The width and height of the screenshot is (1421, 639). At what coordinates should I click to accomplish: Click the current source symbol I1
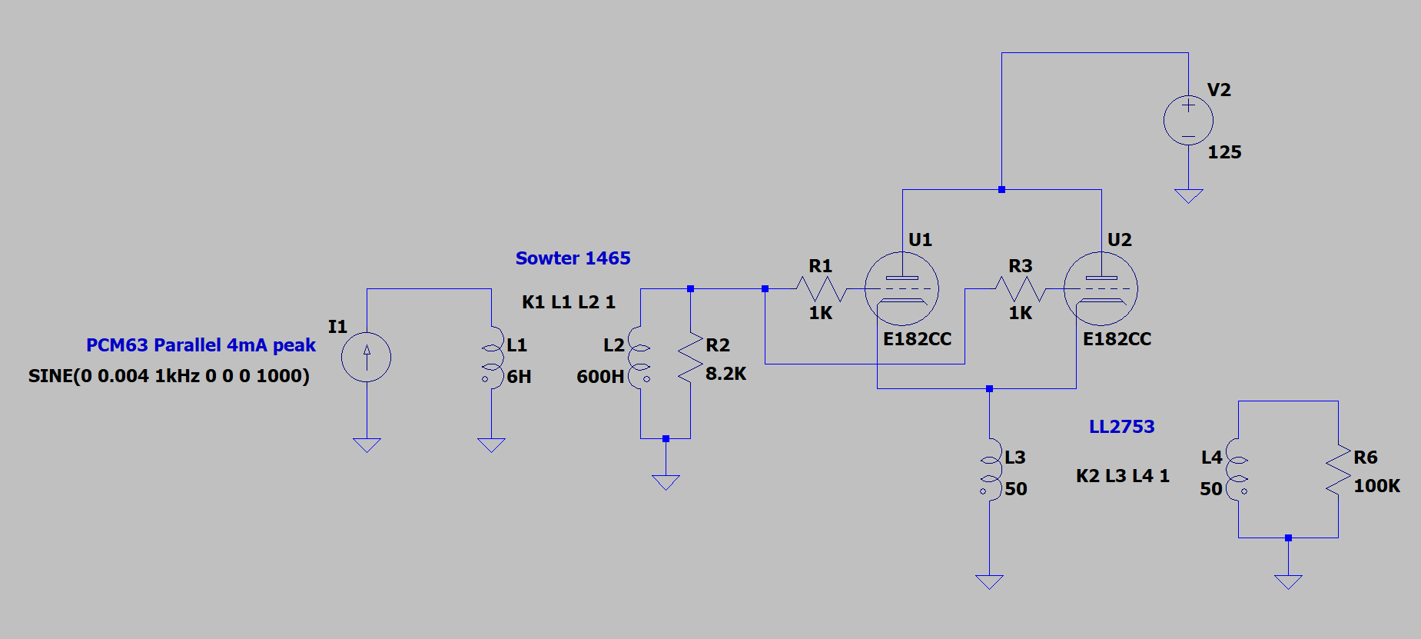(x=367, y=357)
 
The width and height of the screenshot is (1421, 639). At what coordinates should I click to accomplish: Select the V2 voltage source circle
(x=1188, y=121)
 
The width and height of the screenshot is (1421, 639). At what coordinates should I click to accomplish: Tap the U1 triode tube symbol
(x=901, y=289)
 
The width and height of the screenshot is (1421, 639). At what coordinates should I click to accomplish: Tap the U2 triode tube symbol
(x=1101, y=289)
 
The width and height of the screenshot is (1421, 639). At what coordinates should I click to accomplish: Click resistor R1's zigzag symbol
(x=821, y=289)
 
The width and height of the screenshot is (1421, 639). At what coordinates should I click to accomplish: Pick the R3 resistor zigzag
(x=1020, y=289)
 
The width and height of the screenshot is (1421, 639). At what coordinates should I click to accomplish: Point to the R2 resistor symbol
(x=690, y=357)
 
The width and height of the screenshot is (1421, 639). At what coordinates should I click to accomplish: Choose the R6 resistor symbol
(x=1338, y=469)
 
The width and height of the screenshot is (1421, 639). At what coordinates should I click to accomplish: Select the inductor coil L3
(x=989, y=470)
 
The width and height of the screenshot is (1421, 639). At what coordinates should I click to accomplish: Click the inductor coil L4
(x=1237, y=470)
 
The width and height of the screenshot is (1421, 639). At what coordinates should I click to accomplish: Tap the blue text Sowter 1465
(x=573, y=258)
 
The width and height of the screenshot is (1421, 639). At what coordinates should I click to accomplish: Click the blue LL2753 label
(x=1121, y=427)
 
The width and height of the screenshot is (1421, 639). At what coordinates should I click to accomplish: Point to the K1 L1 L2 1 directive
(x=568, y=302)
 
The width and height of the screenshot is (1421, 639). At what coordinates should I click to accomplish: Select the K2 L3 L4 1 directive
(x=1122, y=476)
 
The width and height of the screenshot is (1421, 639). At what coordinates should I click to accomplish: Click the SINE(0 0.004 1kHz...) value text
(x=169, y=376)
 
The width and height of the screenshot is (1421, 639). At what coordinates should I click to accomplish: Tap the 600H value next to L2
(x=600, y=377)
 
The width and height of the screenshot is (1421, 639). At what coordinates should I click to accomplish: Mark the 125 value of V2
(x=1224, y=152)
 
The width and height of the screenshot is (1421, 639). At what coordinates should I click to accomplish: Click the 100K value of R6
(x=1376, y=486)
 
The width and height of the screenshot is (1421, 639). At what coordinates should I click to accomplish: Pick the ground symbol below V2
(x=1188, y=196)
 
